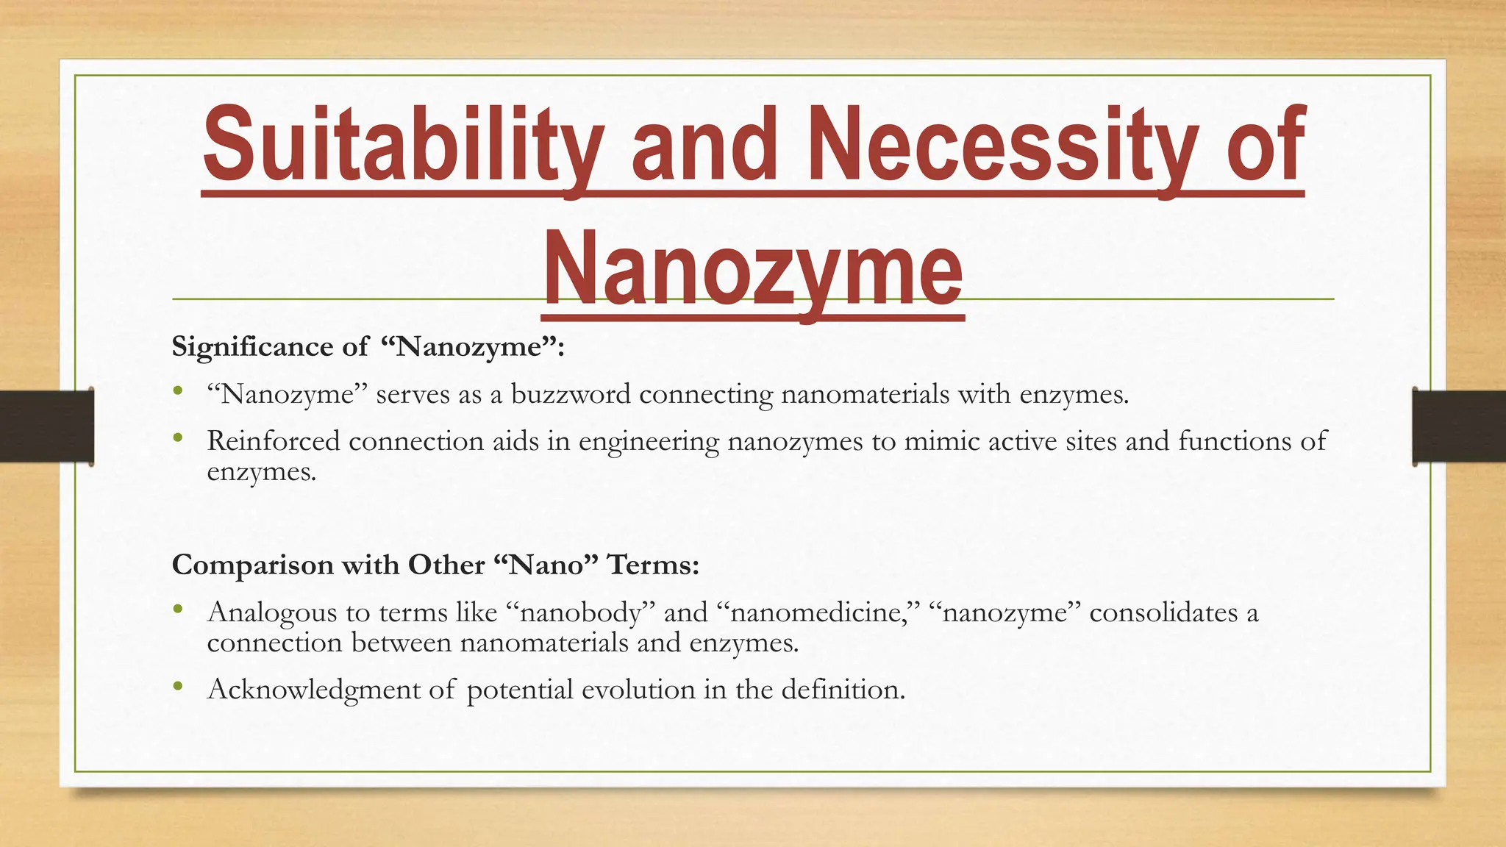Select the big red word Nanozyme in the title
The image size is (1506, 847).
(x=752, y=269)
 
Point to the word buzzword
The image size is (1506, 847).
(x=571, y=395)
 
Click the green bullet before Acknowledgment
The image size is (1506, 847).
(x=177, y=687)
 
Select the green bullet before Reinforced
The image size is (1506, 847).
(x=177, y=438)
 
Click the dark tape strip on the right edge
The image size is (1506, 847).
(x=1459, y=426)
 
